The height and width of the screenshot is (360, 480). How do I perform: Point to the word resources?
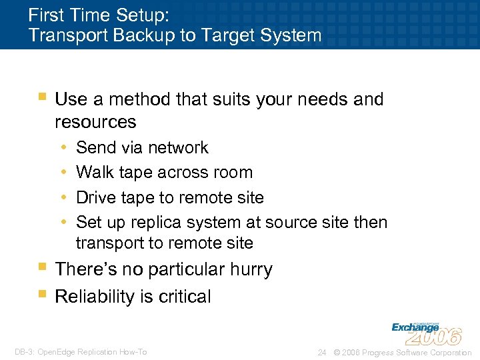(95, 122)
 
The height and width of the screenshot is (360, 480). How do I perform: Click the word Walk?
(94, 172)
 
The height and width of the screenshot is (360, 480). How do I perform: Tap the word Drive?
(96, 197)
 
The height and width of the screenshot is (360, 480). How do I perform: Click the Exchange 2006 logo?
(426, 331)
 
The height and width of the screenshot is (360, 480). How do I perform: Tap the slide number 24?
(322, 352)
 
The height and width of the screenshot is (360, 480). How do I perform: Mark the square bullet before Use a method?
(43, 98)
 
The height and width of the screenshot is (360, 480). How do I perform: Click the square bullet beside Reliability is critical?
(43, 295)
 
